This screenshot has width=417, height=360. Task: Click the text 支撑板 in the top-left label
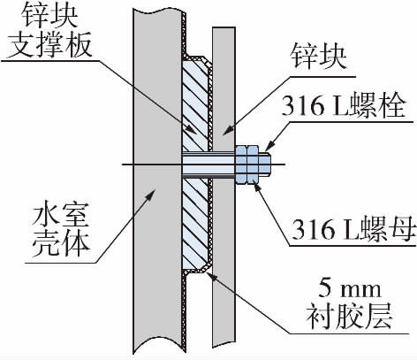50,46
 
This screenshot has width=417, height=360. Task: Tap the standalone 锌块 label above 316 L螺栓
319,57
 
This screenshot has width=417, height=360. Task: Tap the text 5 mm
350,289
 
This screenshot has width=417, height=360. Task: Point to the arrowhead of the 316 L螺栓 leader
269,147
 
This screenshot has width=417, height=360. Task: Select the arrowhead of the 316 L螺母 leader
258,188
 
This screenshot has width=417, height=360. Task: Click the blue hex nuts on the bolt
246,164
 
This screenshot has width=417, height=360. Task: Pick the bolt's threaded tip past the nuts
265,164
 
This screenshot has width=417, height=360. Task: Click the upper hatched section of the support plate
195,104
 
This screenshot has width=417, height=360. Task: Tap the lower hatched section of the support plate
195,224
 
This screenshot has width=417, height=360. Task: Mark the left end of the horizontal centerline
122,164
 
